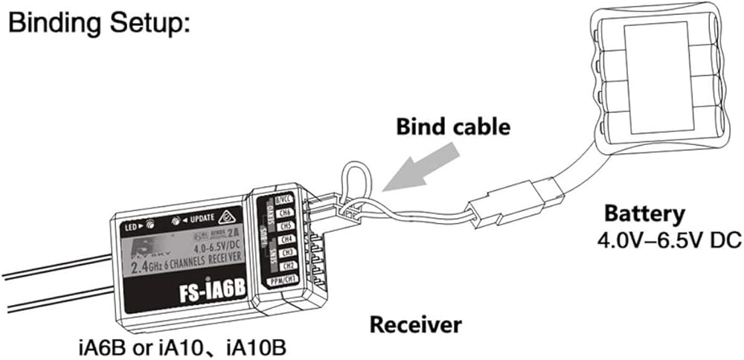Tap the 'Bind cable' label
(452, 126)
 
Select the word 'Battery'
(644, 215)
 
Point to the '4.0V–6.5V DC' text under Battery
(658, 242)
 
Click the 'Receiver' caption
(415, 324)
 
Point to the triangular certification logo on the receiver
(226, 217)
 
